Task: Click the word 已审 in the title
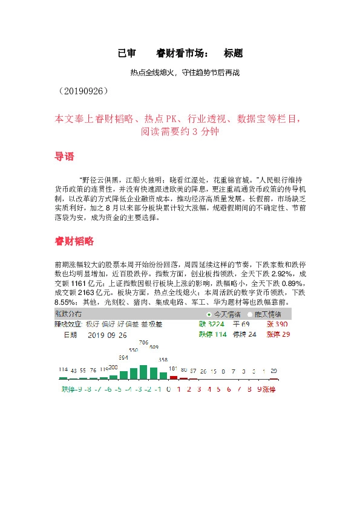click(x=127, y=53)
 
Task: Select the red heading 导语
click(x=65, y=157)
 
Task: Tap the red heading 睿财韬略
click(x=74, y=241)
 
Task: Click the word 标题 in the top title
click(x=233, y=53)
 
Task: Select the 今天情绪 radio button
click(x=209, y=314)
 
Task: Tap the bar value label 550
click(x=133, y=350)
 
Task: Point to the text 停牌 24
click(x=244, y=334)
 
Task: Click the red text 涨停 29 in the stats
click(x=278, y=334)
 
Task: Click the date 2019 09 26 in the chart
click(x=107, y=334)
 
